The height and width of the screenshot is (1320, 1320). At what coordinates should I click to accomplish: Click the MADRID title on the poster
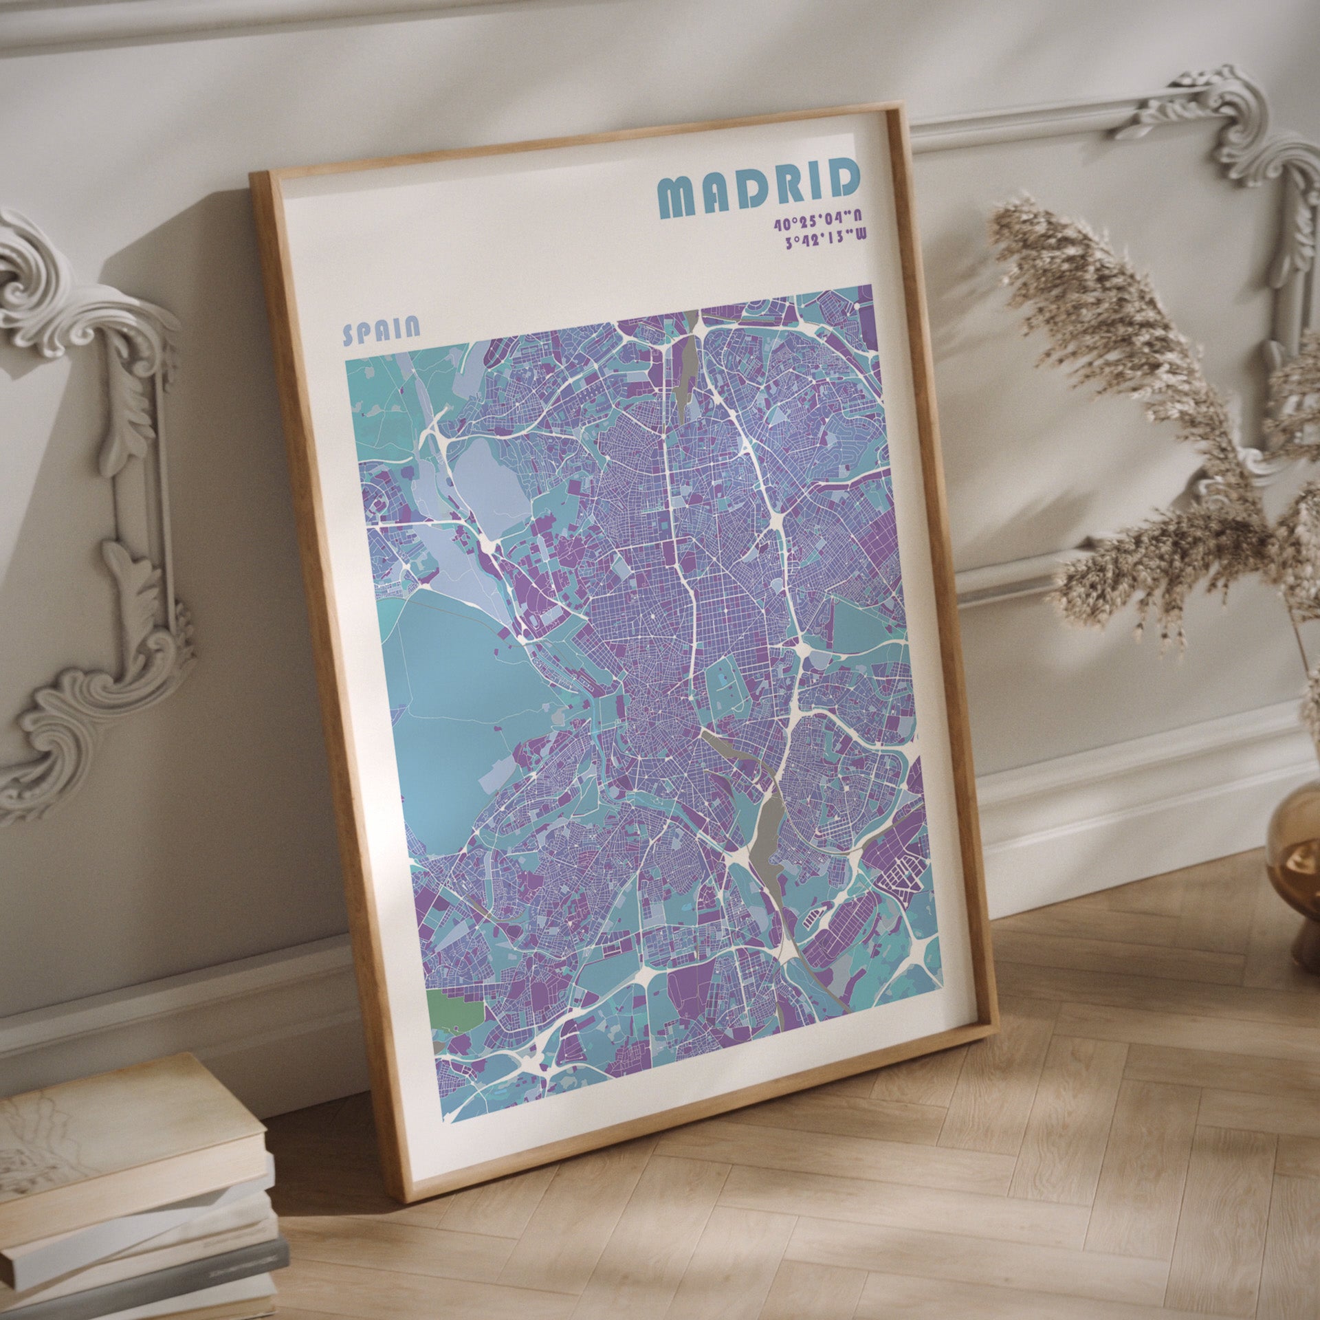click(759, 187)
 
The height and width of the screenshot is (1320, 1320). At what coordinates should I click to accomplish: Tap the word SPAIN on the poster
click(381, 331)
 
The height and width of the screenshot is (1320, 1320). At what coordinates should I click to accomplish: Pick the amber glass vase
click(1297, 866)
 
